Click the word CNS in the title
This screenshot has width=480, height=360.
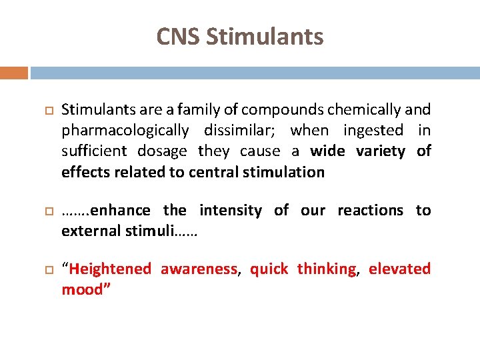tap(179, 37)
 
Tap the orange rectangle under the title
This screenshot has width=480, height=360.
tap(14, 72)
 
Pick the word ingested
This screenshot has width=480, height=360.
tap(373, 130)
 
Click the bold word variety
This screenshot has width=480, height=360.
tap(380, 151)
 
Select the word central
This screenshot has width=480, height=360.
tap(217, 172)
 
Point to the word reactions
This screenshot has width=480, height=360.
tap(370, 211)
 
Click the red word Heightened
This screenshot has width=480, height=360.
tap(110, 269)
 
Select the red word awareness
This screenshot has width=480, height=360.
tap(199, 269)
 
